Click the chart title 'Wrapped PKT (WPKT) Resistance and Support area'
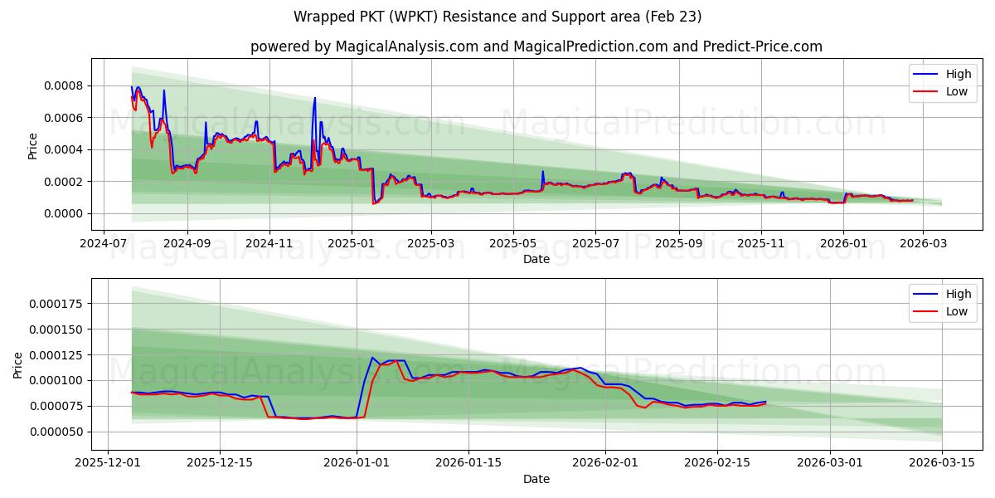tap(498, 17)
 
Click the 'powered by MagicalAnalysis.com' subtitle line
tap(536, 46)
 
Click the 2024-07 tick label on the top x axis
tap(103, 244)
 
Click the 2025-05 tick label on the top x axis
tap(512, 244)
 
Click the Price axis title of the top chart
tap(33, 145)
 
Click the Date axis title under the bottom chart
tap(536, 479)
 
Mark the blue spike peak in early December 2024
tap(315, 98)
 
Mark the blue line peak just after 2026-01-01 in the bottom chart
tap(372, 358)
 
